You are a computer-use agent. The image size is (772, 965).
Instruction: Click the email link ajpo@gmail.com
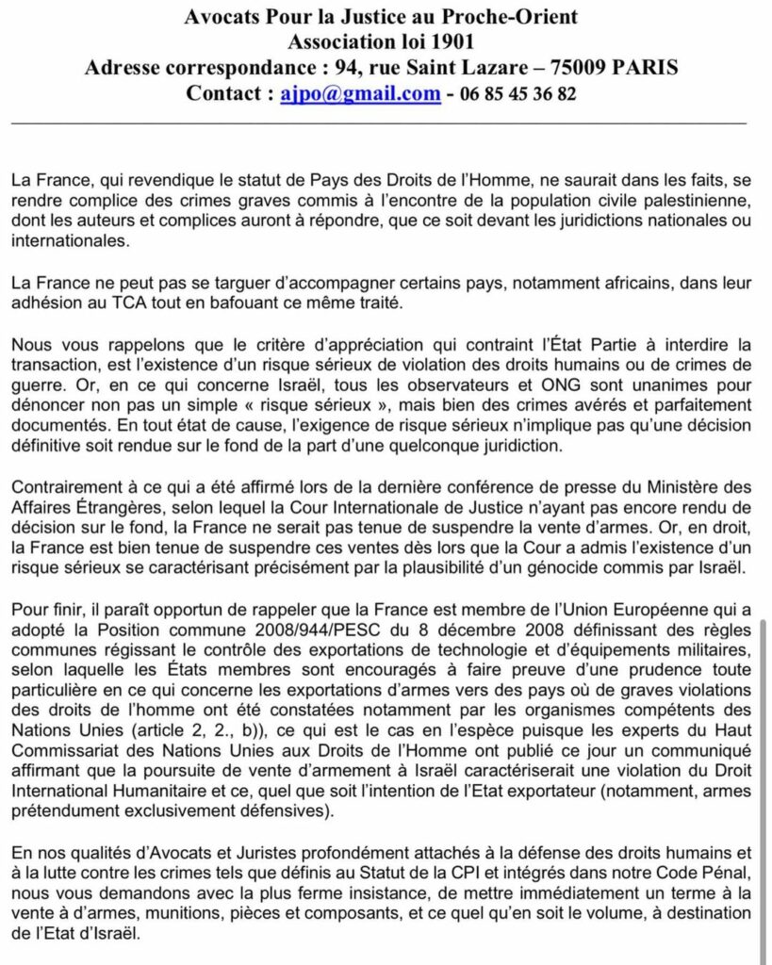(360, 94)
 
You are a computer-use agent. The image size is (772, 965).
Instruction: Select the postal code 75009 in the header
(559, 69)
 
